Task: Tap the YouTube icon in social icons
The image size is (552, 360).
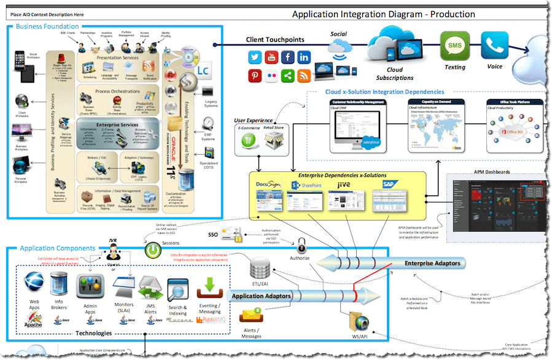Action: pos(271,58)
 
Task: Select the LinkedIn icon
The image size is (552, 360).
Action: pos(304,58)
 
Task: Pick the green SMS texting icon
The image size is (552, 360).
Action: pos(454,46)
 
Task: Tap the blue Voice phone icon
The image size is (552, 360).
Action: pos(494,46)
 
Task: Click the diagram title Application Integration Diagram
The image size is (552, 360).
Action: pos(383,14)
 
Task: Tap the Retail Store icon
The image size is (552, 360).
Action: pos(276,139)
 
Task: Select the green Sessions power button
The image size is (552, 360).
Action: pos(152,251)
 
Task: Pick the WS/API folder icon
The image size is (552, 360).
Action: pos(357,320)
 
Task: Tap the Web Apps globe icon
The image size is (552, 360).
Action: pos(34,284)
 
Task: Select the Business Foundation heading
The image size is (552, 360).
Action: pos(47,26)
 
